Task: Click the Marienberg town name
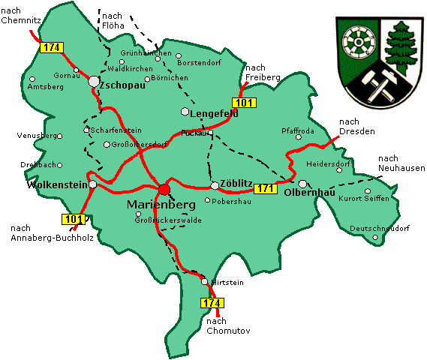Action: [162, 204]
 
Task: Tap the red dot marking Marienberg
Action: [164, 188]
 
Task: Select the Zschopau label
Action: [122, 86]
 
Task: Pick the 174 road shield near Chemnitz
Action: [51, 48]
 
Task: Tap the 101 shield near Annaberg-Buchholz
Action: [72, 219]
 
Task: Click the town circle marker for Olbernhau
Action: [302, 184]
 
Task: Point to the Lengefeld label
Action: [215, 113]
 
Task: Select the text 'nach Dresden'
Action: [356, 127]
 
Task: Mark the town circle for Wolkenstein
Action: [92, 184]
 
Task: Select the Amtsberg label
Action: [43, 87]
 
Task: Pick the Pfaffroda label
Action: [297, 130]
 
